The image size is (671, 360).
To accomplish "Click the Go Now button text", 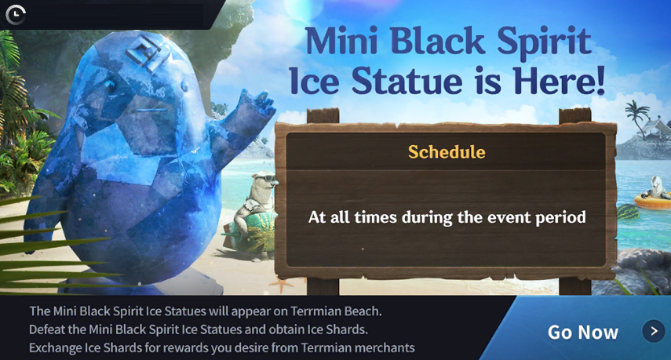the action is [x=583, y=333].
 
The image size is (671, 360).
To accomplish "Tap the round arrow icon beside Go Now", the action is [x=654, y=331].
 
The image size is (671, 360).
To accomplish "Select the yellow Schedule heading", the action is [x=447, y=152].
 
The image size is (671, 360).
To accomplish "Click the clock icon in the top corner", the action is [x=16, y=14].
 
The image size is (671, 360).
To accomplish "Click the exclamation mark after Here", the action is [x=600, y=80].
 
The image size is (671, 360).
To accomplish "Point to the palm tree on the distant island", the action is [x=637, y=115].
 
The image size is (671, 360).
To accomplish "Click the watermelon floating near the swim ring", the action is [x=627, y=211].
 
